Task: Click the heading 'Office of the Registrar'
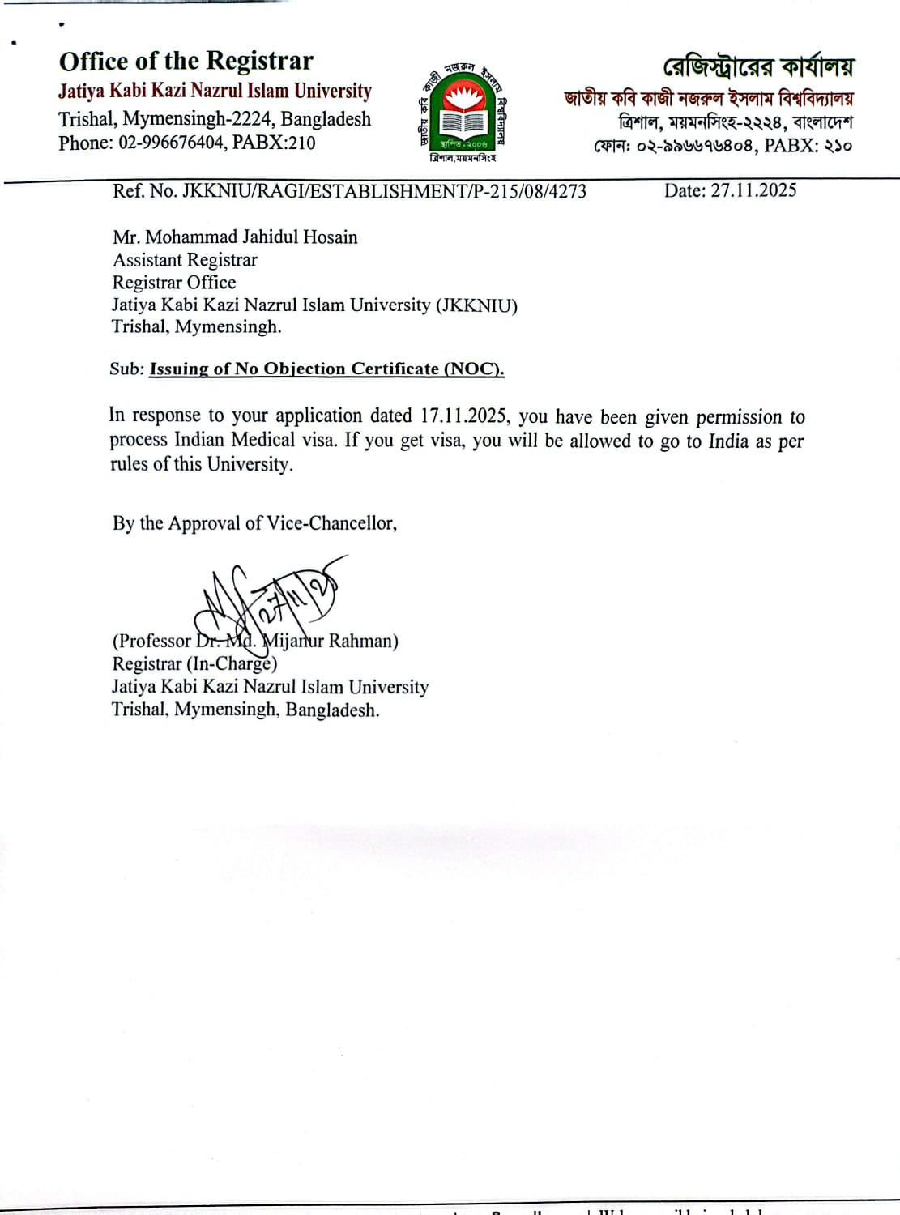click(186, 62)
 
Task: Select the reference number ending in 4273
click(349, 191)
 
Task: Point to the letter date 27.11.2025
click(753, 190)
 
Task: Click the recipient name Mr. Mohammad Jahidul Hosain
click(235, 237)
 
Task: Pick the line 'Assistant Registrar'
click(185, 260)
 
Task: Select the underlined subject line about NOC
click(326, 369)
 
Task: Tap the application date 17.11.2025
click(463, 416)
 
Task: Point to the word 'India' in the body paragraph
click(728, 441)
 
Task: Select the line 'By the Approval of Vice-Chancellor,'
click(254, 523)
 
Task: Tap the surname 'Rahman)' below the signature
click(364, 642)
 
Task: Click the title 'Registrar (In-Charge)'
click(194, 664)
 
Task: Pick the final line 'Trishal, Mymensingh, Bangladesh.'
click(245, 710)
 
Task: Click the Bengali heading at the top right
click(758, 66)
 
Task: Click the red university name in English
click(215, 91)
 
